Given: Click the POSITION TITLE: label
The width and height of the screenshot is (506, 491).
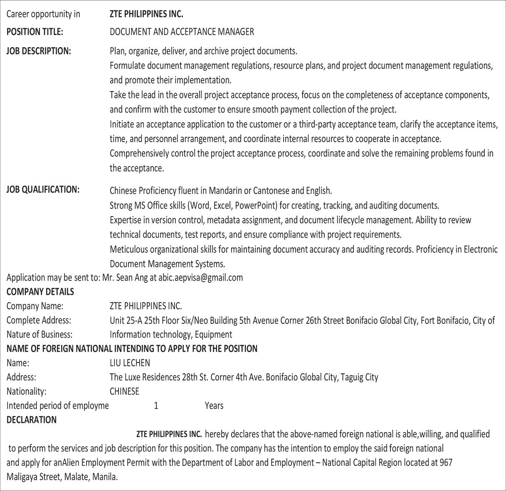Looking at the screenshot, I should [x=35, y=32].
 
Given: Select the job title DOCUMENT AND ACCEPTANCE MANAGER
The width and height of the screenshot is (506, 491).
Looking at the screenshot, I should [x=182, y=32].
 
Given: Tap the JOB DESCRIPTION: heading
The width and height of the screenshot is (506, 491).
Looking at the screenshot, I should [x=39, y=51].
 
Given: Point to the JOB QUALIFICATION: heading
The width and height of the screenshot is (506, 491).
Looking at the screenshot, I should [x=43, y=190].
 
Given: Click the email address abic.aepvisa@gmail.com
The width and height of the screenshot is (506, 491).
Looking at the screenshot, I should [x=200, y=277].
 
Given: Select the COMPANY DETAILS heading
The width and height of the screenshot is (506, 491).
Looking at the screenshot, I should [x=40, y=292].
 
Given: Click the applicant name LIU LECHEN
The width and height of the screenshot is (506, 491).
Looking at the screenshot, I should [x=130, y=363].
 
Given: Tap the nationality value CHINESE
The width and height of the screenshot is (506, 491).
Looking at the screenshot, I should [x=124, y=391].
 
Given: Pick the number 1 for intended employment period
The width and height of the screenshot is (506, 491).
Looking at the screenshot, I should [x=156, y=406].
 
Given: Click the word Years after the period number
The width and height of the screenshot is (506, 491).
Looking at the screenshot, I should [x=214, y=406].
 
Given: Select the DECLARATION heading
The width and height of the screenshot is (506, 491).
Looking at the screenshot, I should [x=32, y=420].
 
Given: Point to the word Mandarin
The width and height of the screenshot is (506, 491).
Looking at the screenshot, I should [x=225, y=191].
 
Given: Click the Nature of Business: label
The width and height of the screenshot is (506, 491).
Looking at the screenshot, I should [x=39, y=335].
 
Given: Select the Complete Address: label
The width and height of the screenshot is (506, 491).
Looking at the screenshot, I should [x=39, y=321].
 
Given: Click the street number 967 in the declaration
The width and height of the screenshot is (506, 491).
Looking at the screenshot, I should [x=445, y=463].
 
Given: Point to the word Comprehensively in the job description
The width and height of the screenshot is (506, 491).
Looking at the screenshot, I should [x=139, y=153].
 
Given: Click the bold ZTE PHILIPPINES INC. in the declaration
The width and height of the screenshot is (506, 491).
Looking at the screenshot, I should [x=169, y=434].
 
